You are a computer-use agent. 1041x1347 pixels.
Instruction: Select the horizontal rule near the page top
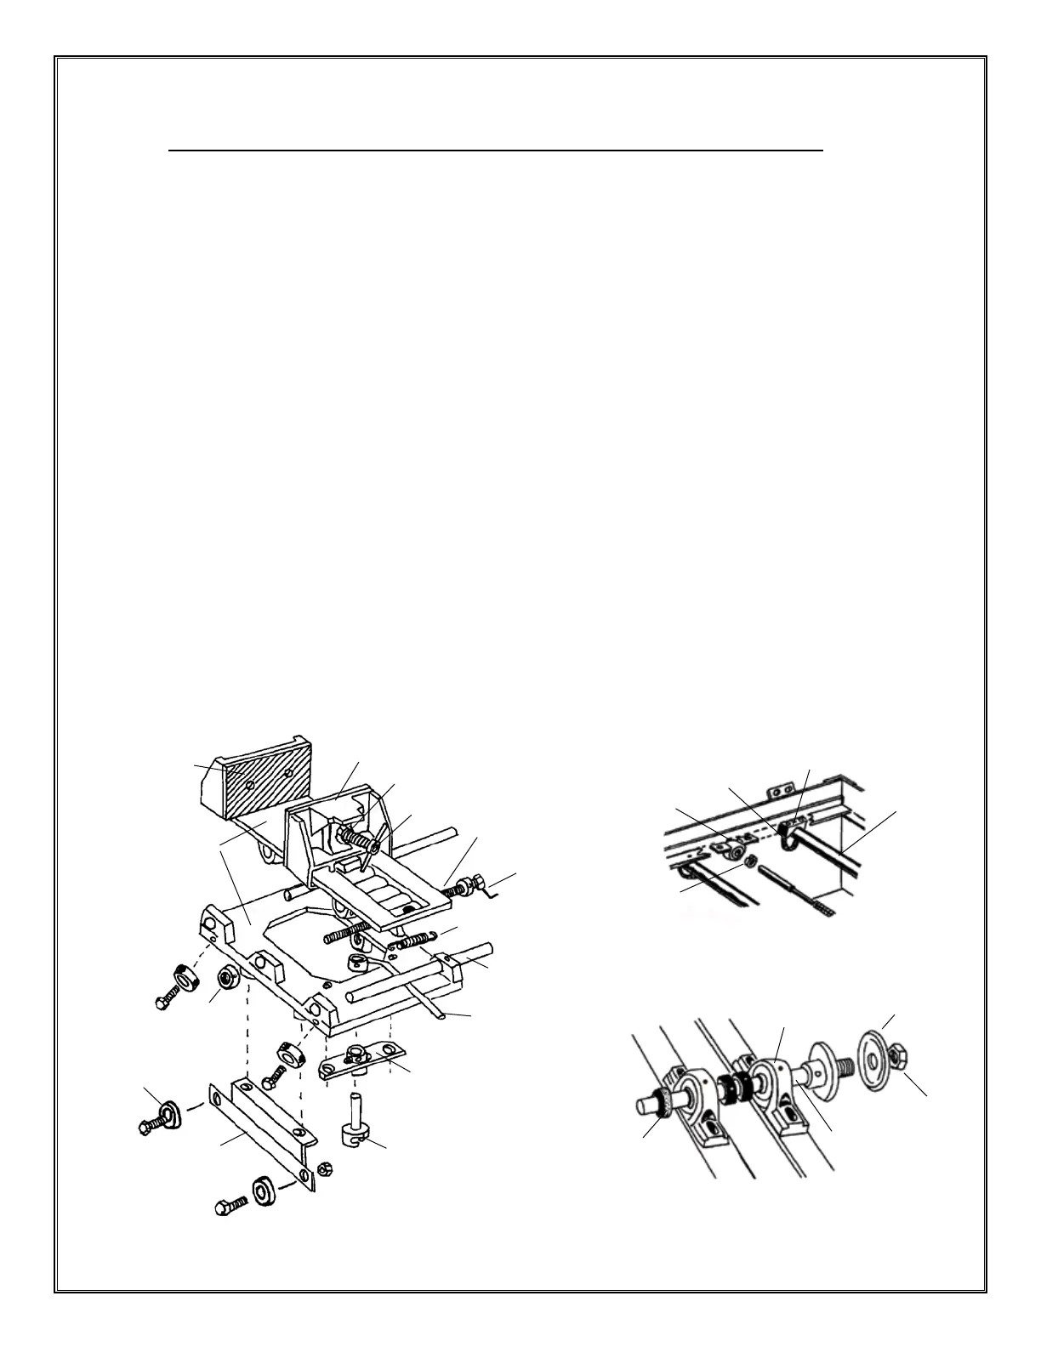(x=496, y=150)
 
